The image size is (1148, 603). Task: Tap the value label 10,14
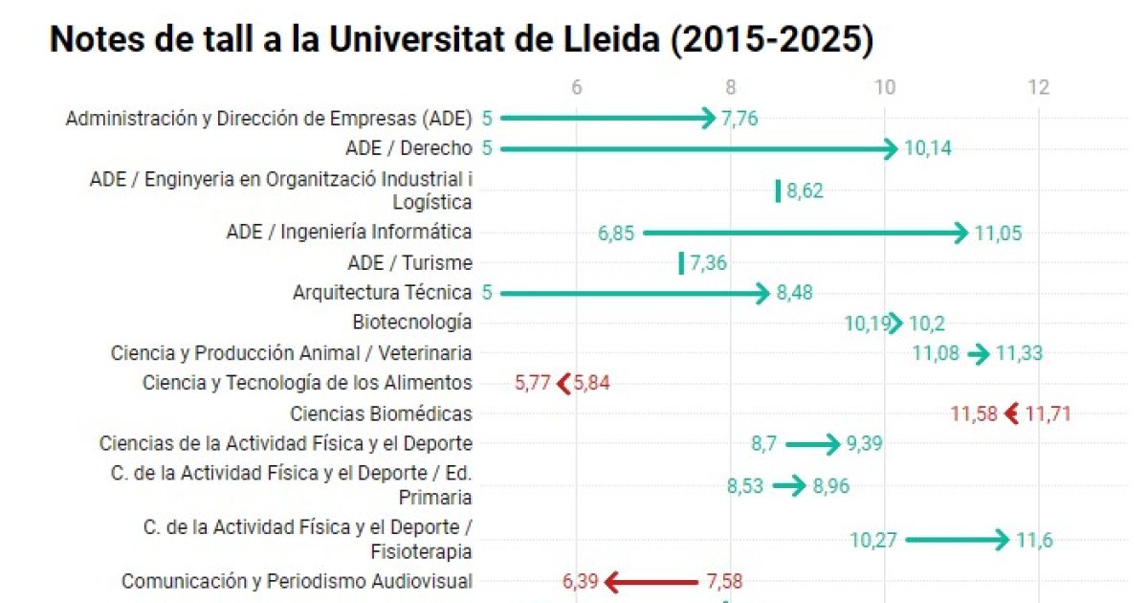(927, 148)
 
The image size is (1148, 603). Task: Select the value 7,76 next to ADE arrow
(745, 119)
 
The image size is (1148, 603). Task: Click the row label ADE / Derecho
(408, 148)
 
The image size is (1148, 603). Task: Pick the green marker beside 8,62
(778, 190)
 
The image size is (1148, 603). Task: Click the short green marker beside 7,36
(681, 263)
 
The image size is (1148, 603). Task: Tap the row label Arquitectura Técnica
(382, 293)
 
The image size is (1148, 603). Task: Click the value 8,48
(794, 293)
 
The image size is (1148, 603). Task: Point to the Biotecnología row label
(411, 323)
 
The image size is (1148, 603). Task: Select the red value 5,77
(533, 384)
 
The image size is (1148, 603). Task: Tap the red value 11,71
(1048, 414)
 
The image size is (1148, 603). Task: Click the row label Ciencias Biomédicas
(381, 414)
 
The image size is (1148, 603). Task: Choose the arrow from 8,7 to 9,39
(812, 444)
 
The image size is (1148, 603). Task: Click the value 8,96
(830, 486)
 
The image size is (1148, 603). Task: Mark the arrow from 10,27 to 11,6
(957, 540)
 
